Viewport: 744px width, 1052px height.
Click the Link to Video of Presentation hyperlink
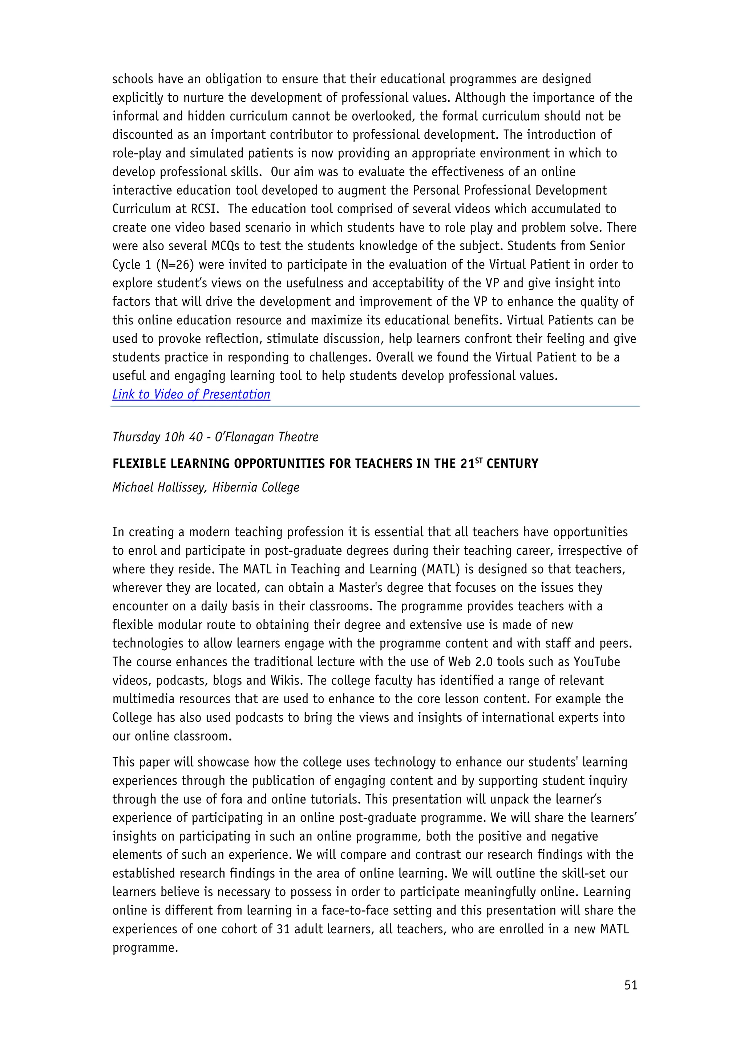click(x=191, y=394)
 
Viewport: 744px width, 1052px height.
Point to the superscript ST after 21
click(x=479, y=460)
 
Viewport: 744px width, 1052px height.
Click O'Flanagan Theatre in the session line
click(x=267, y=437)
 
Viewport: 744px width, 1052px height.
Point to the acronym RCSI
click(x=203, y=209)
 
